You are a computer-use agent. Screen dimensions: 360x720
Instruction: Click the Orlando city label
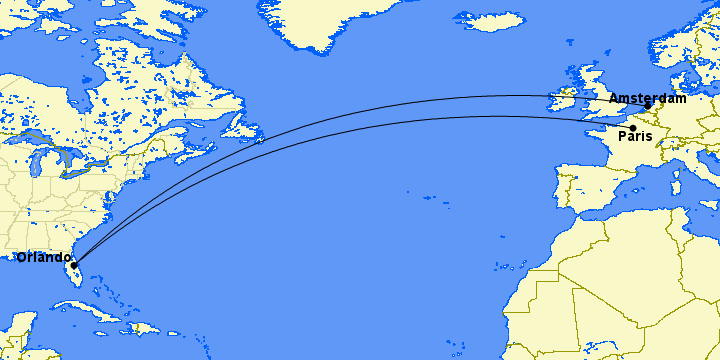point(44,257)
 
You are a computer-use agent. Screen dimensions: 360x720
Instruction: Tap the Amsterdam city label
point(647,98)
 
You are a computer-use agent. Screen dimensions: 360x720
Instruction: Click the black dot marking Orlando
point(74,265)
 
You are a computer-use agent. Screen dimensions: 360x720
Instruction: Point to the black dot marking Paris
point(632,127)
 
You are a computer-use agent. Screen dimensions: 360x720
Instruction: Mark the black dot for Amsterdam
point(648,105)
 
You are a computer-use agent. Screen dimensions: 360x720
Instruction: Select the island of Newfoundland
point(240,125)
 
